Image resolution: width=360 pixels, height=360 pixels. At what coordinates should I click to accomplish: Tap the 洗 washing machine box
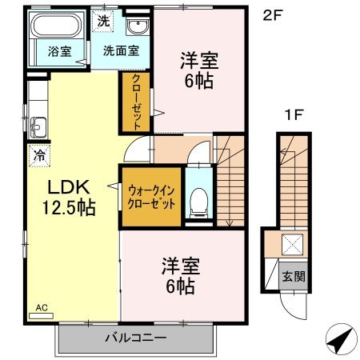point(103,22)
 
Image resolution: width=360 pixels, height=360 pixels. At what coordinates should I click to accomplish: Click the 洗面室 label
point(121,50)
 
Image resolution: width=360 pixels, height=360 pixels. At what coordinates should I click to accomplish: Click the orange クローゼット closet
point(136,102)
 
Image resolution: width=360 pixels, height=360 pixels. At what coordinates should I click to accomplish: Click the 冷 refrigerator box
point(37,155)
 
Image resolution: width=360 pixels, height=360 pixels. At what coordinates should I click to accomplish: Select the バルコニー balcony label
point(135,338)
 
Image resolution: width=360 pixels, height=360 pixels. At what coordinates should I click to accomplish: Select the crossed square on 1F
point(294,245)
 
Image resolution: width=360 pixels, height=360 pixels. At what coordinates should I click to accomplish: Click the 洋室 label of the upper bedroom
point(198,59)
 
